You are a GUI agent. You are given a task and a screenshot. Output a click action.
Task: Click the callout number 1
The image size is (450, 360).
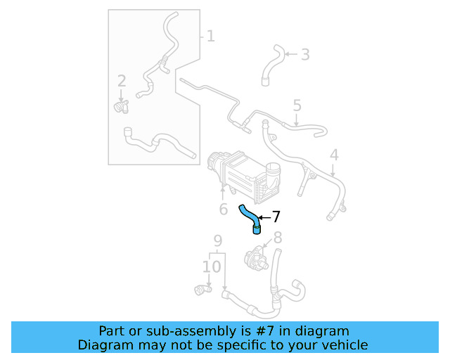click(210, 35)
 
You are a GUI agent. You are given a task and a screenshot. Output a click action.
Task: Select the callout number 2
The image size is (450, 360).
click(121, 81)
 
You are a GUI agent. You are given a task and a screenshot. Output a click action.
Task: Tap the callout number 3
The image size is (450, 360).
click(304, 54)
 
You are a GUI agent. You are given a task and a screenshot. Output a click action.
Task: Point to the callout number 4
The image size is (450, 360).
click(334, 155)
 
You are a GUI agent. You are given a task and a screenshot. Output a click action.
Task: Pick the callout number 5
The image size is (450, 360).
click(297, 106)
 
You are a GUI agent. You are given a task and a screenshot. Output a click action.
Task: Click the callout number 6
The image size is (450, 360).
click(223, 209)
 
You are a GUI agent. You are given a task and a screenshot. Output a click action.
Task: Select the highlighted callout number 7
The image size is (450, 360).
click(276, 217)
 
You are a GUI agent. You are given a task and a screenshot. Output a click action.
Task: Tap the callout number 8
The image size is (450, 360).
click(277, 237)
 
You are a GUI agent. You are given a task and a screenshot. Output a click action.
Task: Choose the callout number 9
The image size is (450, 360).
click(218, 240)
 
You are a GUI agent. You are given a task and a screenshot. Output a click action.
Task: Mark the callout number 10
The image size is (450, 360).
click(212, 266)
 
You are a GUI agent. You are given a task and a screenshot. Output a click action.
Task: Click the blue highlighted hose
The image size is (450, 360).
click(249, 216)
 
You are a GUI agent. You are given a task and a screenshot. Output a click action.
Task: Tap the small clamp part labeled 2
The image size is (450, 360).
click(122, 106)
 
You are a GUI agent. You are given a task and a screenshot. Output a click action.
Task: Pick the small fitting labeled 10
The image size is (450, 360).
click(202, 288)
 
